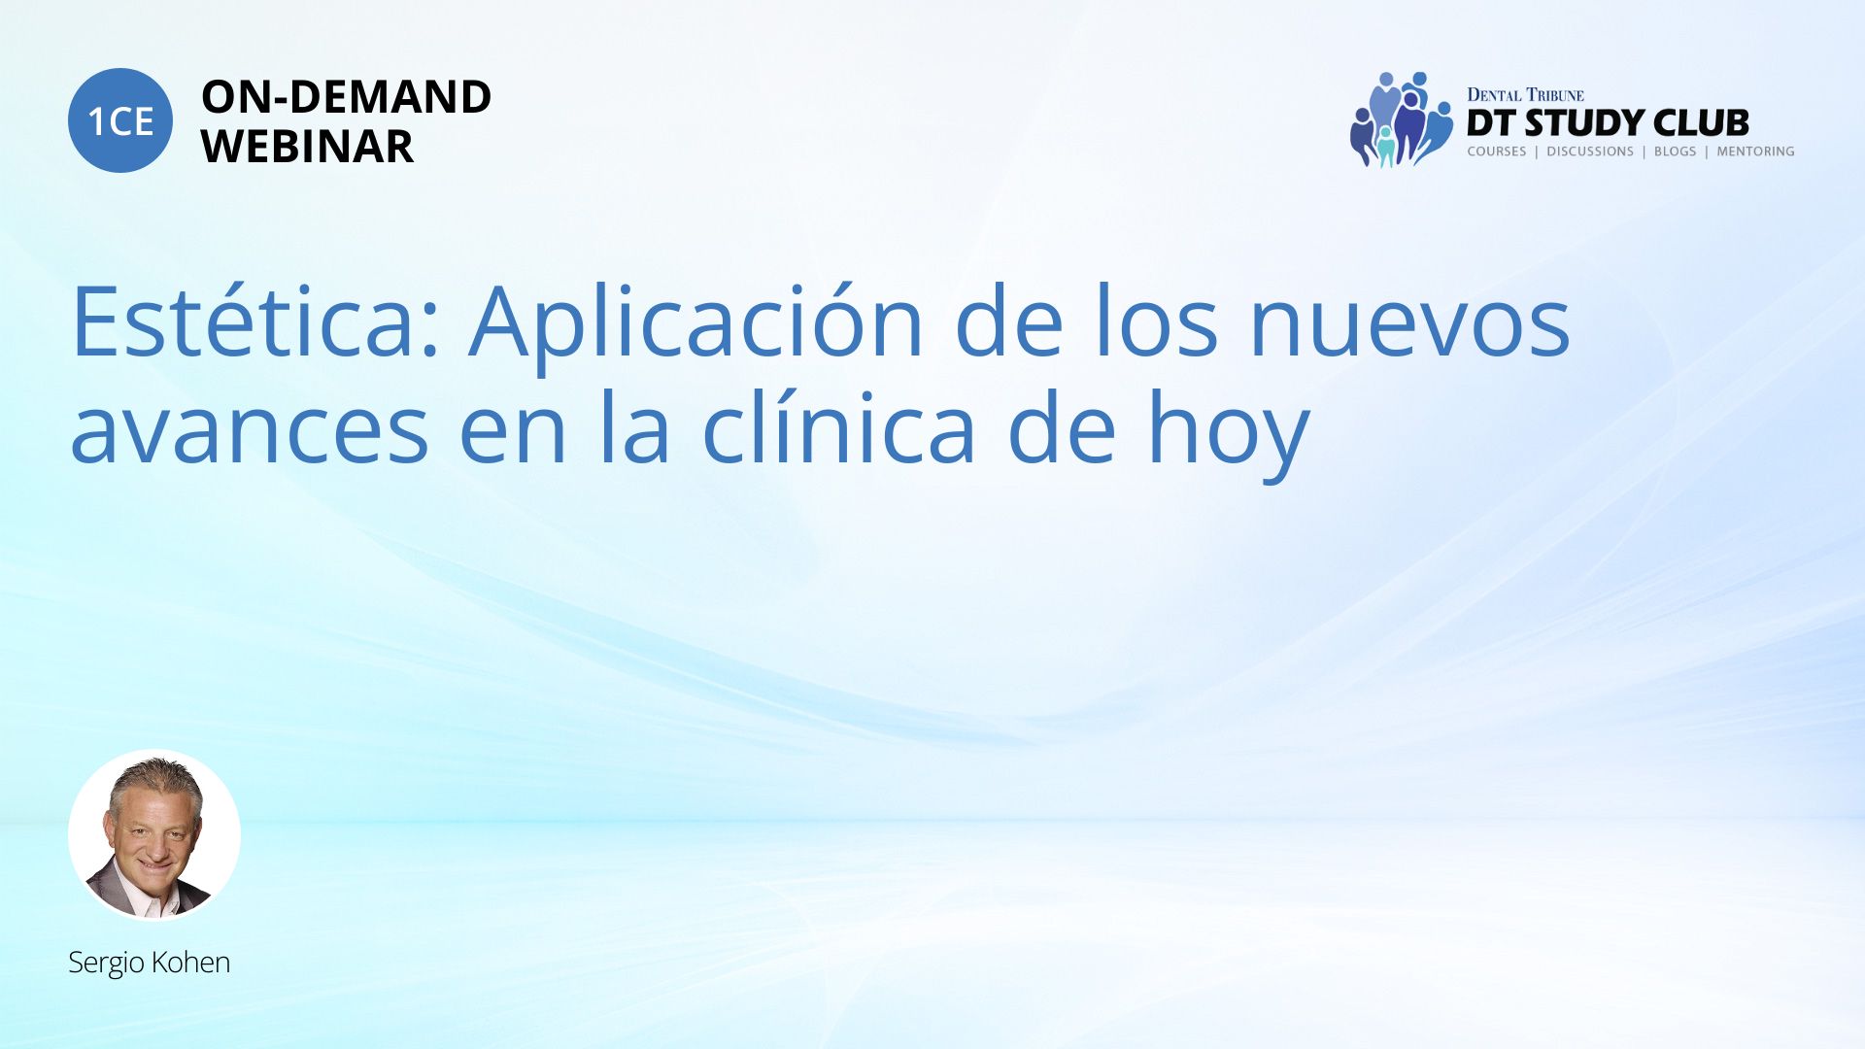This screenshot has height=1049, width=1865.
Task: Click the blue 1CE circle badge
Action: pyautogui.click(x=120, y=120)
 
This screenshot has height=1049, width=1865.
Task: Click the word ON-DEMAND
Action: pyautogui.click(x=346, y=97)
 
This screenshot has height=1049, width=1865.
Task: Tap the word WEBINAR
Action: pyautogui.click(x=307, y=147)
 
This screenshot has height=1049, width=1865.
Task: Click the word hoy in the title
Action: pyautogui.click(x=1229, y=434)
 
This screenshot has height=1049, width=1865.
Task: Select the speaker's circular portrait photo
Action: pyautogui.click(x=154, y=834)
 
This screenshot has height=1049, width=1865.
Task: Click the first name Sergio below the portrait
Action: pyautogui.click(x=104, y=964)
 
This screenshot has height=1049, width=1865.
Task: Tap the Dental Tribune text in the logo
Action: pyautogui.click(x=1525, y=94)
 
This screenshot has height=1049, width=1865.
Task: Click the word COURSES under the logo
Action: pyautogui.click(x=1496, y=152)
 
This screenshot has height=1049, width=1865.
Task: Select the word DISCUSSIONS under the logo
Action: pyautogui.click(x=1590, y=152)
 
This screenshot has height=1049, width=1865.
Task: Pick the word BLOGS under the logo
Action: pyautogui.click(x=1675, y=152)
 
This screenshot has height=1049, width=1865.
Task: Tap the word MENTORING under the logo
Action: pyautogui.click(x=1755, y=152)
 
